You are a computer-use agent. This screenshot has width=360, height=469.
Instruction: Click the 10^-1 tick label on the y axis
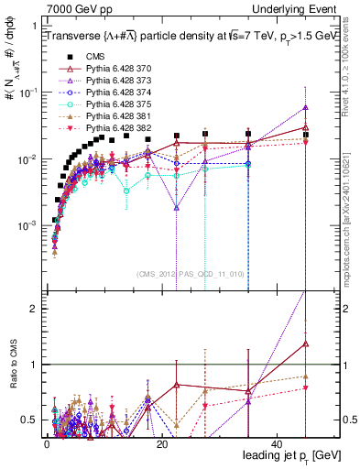tap(27, 93)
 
